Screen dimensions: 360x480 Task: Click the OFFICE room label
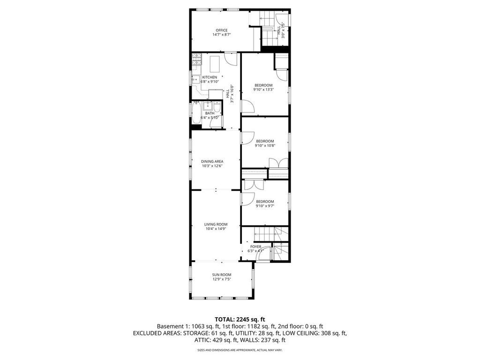[x=222, y=30]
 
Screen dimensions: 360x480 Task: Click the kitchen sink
[x=196, y=79]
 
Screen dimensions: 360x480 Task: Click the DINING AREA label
[x=212, y=161]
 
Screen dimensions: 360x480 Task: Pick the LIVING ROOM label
[x=216, y=224]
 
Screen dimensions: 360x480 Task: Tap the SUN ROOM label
[x=222, y=275]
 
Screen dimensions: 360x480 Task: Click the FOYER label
[x=255, y=247]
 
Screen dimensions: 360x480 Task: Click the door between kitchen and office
[x=230, y=59]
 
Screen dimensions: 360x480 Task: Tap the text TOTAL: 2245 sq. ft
[x=240, y=319]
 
